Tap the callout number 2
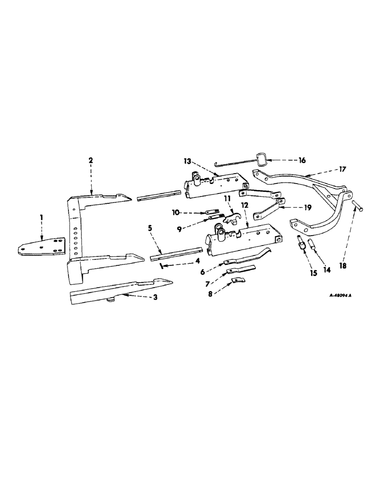point(91,160)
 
